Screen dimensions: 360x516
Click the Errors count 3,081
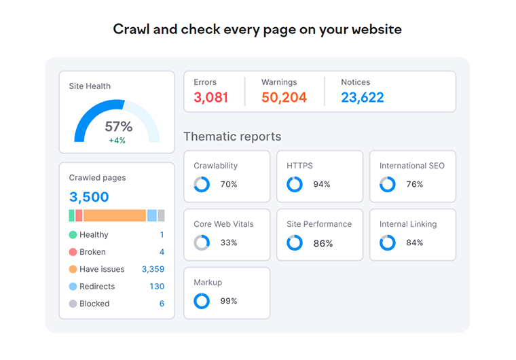[x=210, y=98]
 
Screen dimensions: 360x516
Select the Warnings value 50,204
[x=284, y=98]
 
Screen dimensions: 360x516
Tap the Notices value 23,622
[x=363, y=98]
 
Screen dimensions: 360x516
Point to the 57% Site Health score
[x=118, y=126]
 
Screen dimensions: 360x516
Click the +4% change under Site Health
[x=117, y=141]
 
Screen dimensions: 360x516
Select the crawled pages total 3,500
[x=89, y=197]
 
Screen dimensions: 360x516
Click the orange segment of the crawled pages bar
[x=115, y=215]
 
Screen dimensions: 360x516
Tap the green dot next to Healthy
[x=73, y=235]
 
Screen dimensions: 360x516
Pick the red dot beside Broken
[x=73, y=252]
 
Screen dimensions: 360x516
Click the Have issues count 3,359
[x=153, y=269]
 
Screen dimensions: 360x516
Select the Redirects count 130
[x=157, y=287]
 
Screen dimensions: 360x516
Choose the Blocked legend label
[x=94, y=304]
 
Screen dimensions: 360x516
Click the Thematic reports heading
[x=232, y=137]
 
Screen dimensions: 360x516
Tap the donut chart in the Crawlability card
[x=202, y=184]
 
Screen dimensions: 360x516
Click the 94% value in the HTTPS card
[x=321, y=184]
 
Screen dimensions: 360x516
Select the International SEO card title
[x=412, y=166]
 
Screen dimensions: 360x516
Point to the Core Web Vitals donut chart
[x=202, y=242]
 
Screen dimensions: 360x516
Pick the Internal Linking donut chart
[x=387, y=242]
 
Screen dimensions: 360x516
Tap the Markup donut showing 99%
[x=202, y=301]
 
